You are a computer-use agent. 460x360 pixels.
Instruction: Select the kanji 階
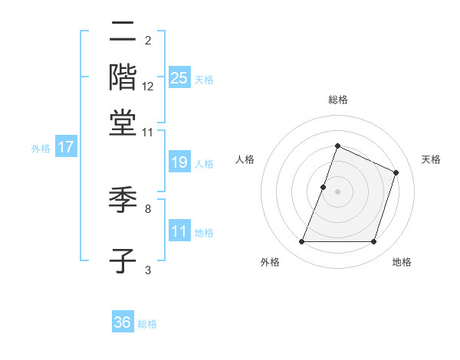point(123,78)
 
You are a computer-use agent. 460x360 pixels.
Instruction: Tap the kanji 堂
point(123,123)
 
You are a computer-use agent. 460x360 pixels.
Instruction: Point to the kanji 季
point(123,201)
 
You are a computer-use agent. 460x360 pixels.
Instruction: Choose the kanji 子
point(123,260)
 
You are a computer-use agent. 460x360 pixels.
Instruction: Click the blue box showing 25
point(179,78)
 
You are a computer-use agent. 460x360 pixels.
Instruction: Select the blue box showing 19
point(179,162)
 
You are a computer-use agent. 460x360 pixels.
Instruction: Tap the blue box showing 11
point(179,232)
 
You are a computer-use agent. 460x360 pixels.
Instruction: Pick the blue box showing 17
point(66,148)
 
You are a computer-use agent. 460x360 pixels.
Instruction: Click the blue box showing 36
point(123,322)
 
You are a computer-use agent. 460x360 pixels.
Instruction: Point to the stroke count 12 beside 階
point(148,87)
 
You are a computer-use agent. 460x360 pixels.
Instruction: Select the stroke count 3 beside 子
point(148,269)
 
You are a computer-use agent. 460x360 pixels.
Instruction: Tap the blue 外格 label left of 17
point(41,149)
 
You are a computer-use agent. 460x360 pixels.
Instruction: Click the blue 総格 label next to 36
point(147,324)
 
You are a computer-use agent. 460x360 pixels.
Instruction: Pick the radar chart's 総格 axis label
point(337,100)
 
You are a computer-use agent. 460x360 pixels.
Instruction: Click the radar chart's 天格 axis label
point(431,159)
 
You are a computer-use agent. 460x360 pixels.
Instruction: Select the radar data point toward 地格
point(373,242)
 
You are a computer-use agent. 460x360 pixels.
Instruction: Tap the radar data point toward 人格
point(324,187)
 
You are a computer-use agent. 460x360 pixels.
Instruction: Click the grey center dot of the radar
point(337,191)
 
